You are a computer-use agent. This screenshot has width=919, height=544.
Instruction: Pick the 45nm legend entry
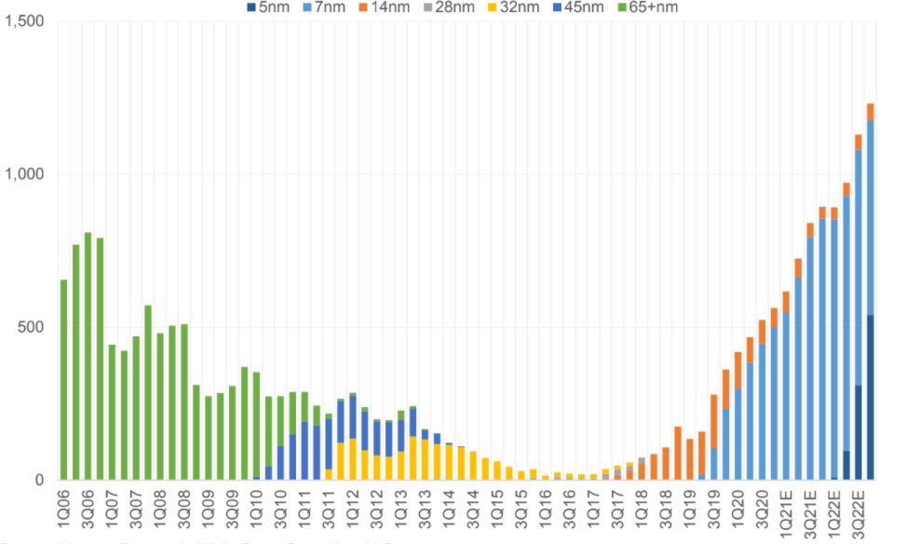pyautogui.click(x=578, y=7)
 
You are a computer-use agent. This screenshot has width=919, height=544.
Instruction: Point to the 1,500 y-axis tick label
pyautogui.click(x=25, y=21)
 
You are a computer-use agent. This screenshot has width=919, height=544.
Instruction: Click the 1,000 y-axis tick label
pyautogui.click(x=25, y=174)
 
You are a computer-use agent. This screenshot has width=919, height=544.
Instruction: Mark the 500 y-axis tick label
pyautogui.click(x=34, y=327)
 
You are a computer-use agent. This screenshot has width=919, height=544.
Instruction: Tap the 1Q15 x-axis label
pyautogui.click(x=497, y=508)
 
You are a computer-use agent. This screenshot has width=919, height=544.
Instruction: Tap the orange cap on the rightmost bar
pyautogui.click(x=871, y=112)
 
